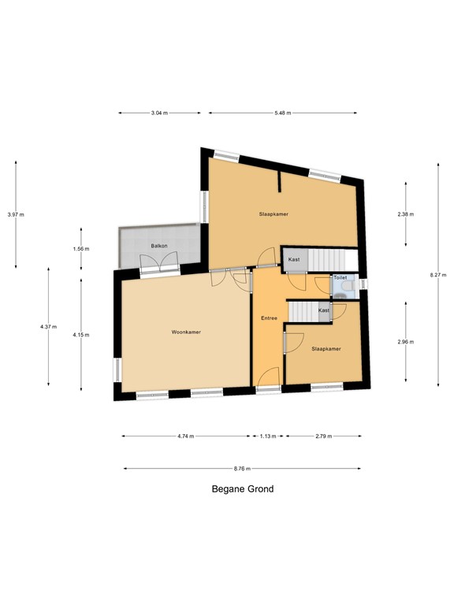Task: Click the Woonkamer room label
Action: (186, 332)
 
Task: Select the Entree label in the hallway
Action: (270, 317)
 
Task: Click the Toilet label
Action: (340, 278)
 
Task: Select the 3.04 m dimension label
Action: (159, 113)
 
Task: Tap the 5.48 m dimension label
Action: (283, 113)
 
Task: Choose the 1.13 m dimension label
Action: (268, 436)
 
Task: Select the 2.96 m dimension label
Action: (406, 342)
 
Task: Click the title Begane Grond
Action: (243, 489)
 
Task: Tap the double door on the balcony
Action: (160, 266)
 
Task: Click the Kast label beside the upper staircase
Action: (294, 259)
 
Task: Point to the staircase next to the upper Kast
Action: (327, 259)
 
